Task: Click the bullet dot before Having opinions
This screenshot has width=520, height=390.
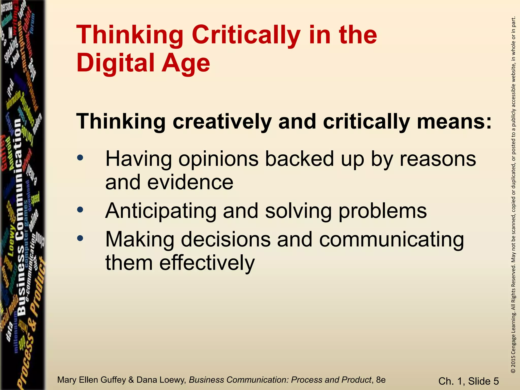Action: coord(80,158)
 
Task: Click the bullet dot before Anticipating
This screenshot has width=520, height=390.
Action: coord(80,210)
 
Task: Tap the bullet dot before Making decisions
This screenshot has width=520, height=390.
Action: coord(80,238)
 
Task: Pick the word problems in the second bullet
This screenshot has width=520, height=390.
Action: coord(383,211)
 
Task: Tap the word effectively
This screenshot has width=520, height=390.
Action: coord(207,263)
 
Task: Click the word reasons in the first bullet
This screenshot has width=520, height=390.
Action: coord(438,159)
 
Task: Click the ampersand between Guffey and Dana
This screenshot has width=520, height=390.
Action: coord(131,380)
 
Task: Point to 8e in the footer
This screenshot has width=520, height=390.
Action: coord(381,380)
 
